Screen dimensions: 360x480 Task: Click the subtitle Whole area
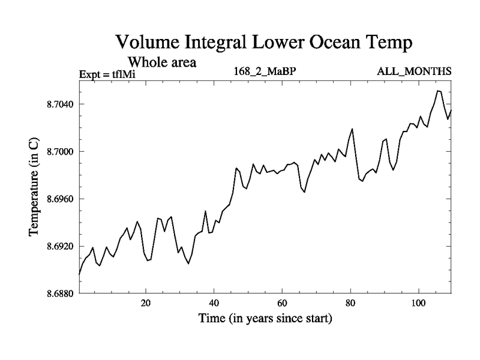(x=163, y=62)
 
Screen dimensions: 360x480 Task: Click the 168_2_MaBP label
(x=266, y=72)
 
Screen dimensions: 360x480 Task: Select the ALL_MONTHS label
(x=414, y=72)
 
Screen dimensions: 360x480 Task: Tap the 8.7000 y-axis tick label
(x=58, y=152)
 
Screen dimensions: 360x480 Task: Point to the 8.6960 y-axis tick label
(x=58, y=199)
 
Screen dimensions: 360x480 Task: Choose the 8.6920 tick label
(x=58, y=247)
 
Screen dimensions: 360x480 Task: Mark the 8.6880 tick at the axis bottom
(x=58, y=294)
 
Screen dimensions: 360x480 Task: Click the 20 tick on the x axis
(x=146, y=303)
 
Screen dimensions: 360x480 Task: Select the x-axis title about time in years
(x=265, y=319)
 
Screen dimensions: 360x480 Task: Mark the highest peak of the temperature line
(x=439, y=91)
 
